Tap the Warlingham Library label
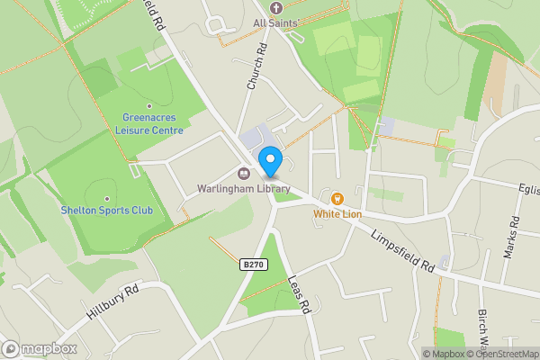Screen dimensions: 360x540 click(244, 189)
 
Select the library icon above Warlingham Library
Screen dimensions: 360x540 click(243, 174)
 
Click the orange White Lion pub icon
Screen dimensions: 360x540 click(337, 198)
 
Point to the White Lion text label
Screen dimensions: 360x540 click(337, 214)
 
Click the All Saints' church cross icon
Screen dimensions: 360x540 click(274, 6)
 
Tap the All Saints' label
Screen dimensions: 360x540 click(275, 22)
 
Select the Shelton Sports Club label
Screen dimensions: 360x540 click(106, 211)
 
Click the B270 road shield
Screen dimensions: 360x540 click(253, 264)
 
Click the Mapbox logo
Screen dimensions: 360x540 click(40, 348)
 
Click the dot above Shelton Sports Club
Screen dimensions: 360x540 click(106, 199)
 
